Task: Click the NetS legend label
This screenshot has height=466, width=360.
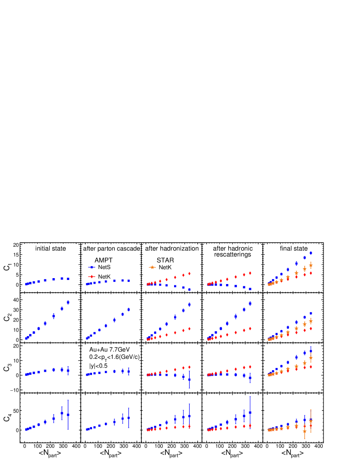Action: click(x=104, y=267)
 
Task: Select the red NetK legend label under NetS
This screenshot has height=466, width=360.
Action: click(x=104, y=277)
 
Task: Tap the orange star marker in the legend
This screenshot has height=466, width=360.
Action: click(x=152, y=267)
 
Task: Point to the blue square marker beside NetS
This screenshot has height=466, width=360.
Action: click(x=92, y=267)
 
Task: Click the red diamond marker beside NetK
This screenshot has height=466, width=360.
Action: click(x=92, y=277)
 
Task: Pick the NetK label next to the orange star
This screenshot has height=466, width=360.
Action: click(x=165, y=267)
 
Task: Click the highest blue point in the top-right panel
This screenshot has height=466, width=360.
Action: click(x=311, y=253)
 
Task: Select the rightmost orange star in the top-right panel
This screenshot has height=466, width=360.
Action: click(x=311, y=265)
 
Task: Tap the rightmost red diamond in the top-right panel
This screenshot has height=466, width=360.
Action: click(x=311, y=273)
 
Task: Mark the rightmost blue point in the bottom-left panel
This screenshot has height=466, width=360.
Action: click(x=68, y=415)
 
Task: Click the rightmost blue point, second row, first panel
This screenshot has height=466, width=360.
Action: click(x=68, y=302)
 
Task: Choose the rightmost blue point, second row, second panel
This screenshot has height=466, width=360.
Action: click(x=129, y=310)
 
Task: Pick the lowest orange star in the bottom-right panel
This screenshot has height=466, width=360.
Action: click(x=304, y=431)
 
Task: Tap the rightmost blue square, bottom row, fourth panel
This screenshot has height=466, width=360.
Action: click(x=250, y=412)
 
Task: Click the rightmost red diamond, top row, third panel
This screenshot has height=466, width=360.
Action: click(x=189, y=274)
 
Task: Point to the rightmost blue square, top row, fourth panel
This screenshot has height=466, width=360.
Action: click(x=250, y=289)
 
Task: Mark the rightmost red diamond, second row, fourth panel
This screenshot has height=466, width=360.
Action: click(x=250, y=328)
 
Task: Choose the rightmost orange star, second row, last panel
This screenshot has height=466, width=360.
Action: click(x=311, y=321)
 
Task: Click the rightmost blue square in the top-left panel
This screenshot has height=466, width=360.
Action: click(x=68, y=279)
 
